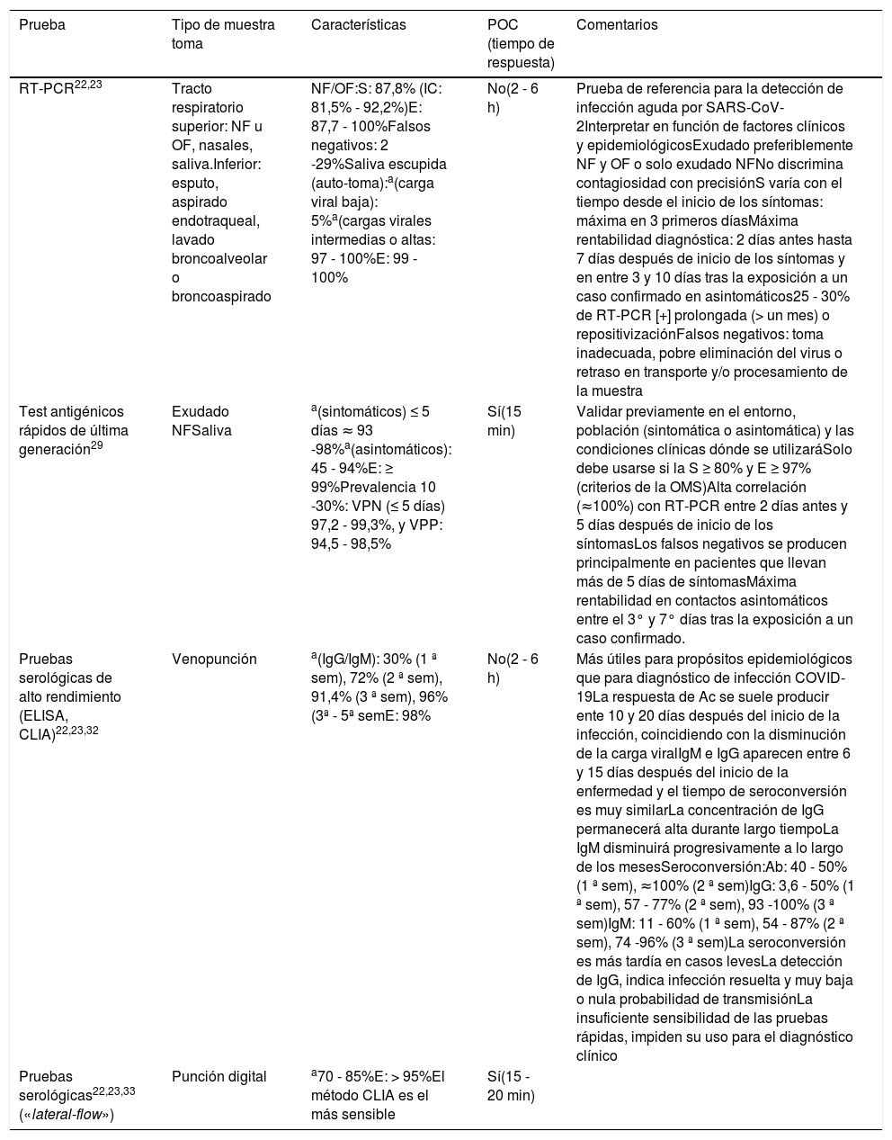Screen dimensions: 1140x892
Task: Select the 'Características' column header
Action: [358, 25]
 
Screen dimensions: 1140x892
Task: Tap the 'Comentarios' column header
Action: [616, 25]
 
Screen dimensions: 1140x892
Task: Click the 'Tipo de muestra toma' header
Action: [223, 34]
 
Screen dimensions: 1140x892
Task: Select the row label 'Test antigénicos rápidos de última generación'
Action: [72, 429]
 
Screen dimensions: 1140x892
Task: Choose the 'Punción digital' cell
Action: [219, 1076]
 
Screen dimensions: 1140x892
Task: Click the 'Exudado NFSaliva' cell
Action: [201, 421]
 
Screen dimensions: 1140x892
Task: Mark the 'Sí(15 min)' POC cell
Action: [504, 421]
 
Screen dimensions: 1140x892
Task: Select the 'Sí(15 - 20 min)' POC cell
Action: [509, 1085]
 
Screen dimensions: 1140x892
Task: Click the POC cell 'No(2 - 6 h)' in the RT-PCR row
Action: [512, 97]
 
